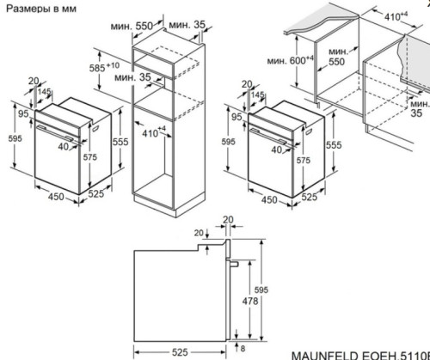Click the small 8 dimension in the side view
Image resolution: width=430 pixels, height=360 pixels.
240,347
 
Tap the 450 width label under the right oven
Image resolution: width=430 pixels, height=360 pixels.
268,200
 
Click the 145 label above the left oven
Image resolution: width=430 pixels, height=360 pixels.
43,93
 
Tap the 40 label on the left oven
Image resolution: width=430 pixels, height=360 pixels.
63,147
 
